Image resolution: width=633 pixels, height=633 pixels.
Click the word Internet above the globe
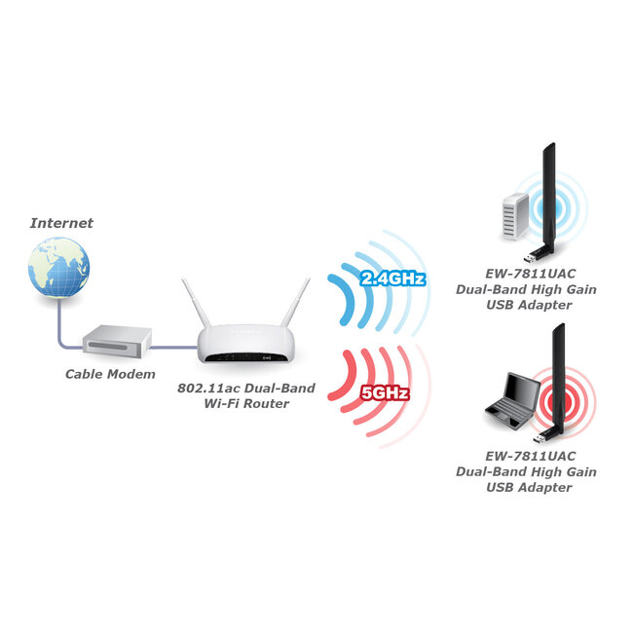(61, 223)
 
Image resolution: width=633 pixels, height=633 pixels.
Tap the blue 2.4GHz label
(392, 279)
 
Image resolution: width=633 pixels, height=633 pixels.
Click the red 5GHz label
(384, 393)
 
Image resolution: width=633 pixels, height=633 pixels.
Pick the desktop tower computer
(514, 213)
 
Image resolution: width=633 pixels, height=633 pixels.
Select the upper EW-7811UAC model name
(527, 275)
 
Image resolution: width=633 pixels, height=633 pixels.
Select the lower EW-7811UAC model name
(527, 456)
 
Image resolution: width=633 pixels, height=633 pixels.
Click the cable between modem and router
(175, 344)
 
